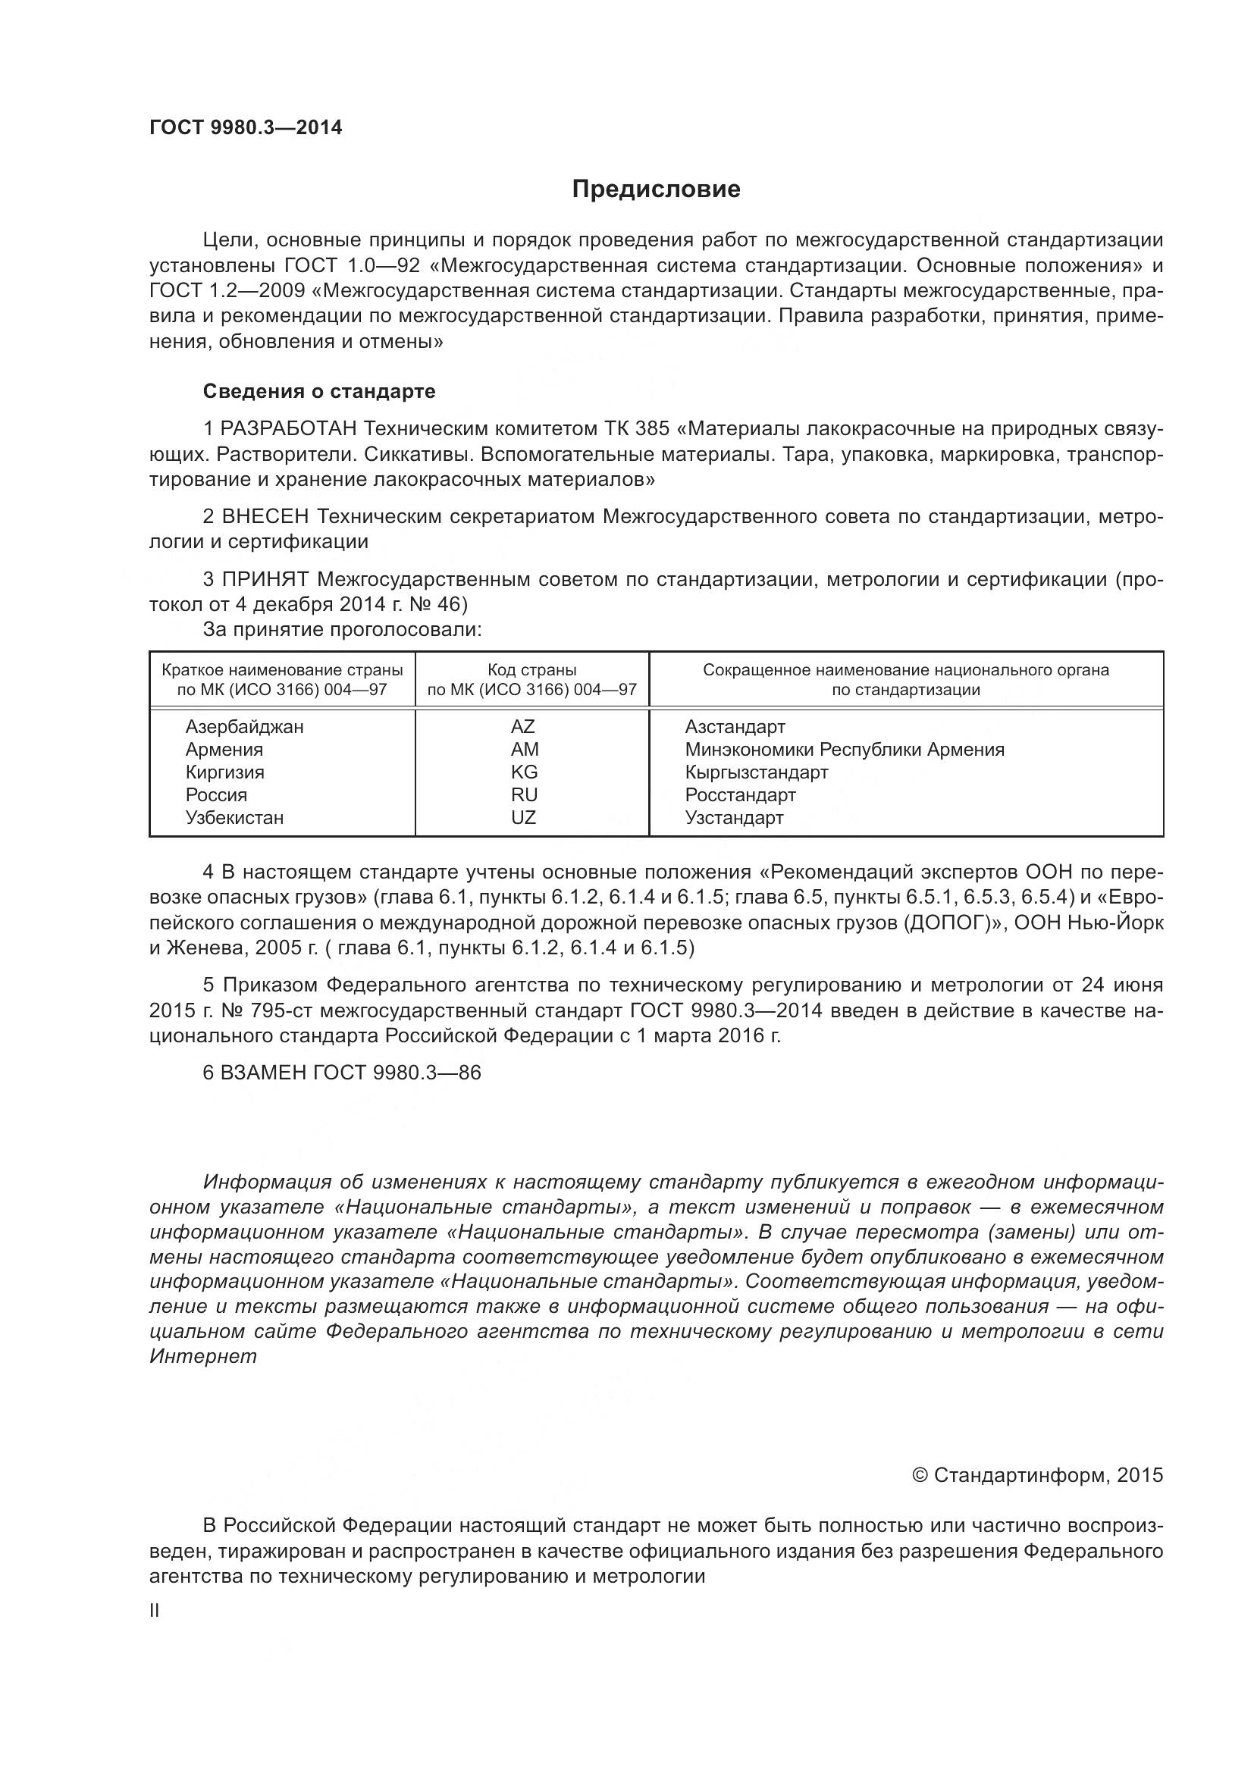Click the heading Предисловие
click(x=656, y=190)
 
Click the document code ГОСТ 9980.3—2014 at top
click(x=246, y=127)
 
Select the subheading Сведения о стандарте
click(x=319, y=391)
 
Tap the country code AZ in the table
click(x=523, y=727)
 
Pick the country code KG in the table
click(x=524, y=772)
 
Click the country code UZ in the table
click(x=523, y=818)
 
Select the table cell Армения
click(x=224, y=750)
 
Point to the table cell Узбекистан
click(x=234, y=818)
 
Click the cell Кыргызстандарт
click(x=756, y=772)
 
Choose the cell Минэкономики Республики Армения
click(x=844, y=750)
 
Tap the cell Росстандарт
click(x=740, y=795)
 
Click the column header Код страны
click(x=531, y=670)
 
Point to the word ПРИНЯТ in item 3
click(x=266, y=580)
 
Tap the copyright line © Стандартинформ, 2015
click(x=1037, y=1476)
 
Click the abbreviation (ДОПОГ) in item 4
click(x=948, y=923)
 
